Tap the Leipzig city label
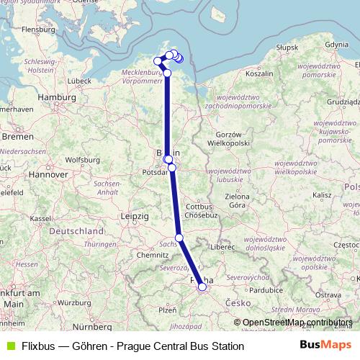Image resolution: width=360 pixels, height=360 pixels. pos(135,216)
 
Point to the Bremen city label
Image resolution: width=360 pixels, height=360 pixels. pos(17,135)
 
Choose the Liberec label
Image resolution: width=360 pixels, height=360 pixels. pos(223,246)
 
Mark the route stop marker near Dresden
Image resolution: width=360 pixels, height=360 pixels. pos(179,238)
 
